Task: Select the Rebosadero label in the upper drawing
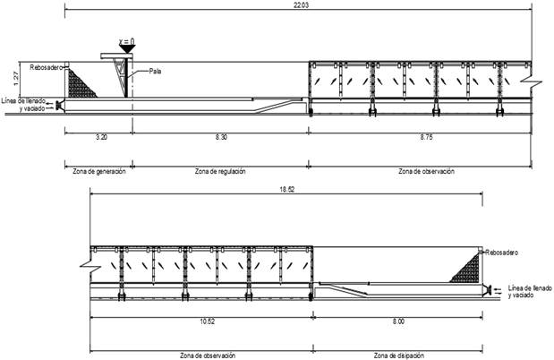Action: point(44,66)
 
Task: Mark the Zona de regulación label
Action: point(217,170)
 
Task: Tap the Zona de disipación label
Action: point(400,355)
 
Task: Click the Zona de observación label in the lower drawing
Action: point(208,355)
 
